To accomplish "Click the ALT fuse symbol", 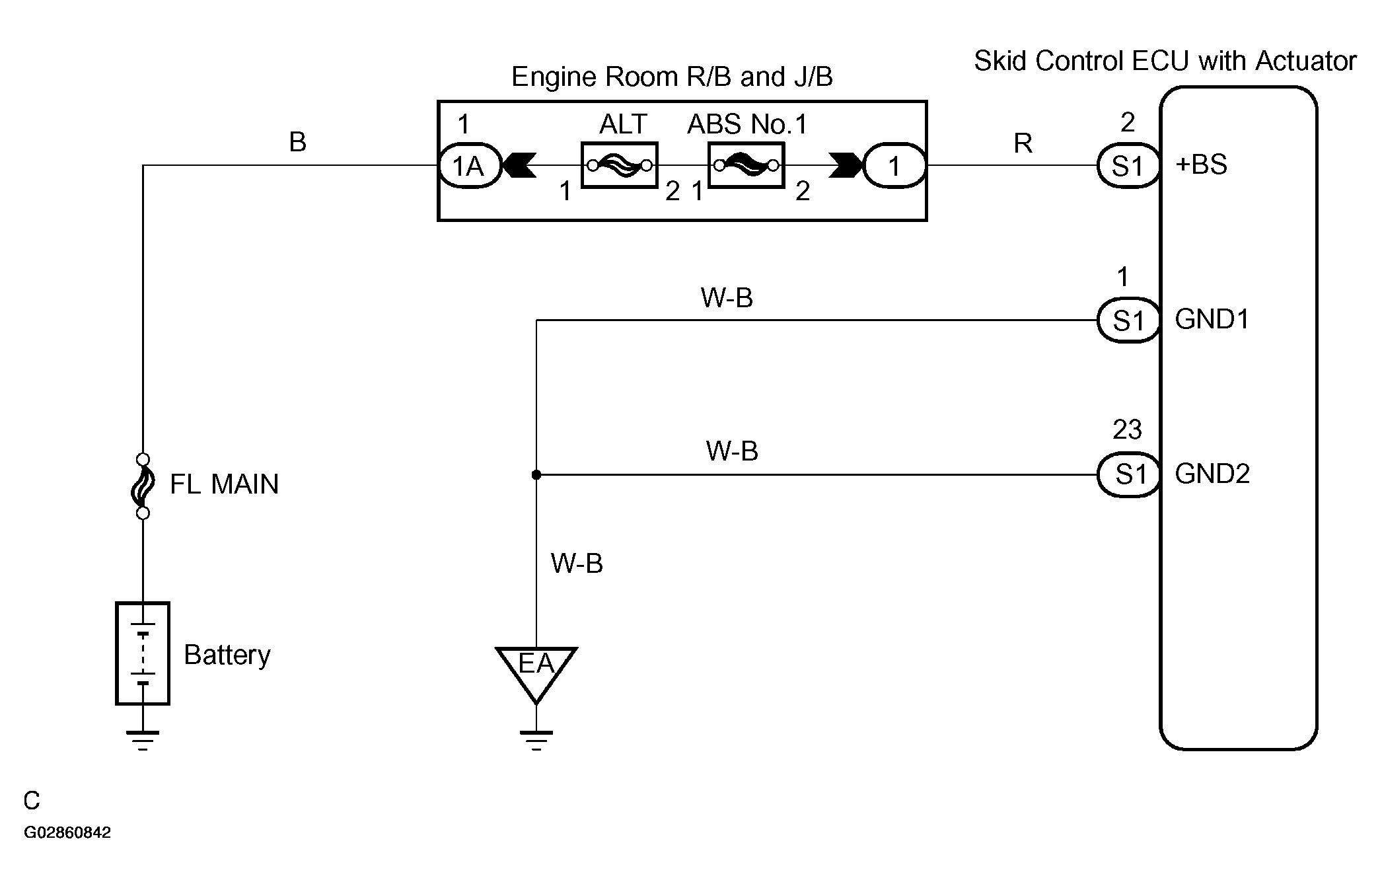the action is (x=620, y=165).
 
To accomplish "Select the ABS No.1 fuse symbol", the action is (x=746, y=165).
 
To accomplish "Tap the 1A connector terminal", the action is (x=470, y=166).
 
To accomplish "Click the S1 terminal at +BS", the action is (x=1128, y=166).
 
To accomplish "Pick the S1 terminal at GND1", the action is (x=1128, y=320).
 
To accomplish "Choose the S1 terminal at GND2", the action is (x=1128, y=474).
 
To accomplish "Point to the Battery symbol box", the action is (x=143, y=653).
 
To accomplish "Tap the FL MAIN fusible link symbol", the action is (x=143, y=486).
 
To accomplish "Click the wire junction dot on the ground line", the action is (x=536, y=474).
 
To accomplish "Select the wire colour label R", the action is (x=1023, y=143).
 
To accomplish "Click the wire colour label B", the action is (x=298, y=142).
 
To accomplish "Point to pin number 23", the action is (x=1127, y=429).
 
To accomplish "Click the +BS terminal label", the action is (x=1202, y=165).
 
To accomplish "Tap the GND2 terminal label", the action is (x=1212, y=474).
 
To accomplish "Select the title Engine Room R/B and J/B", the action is (x=672, y=77).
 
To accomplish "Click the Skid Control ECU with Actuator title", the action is (x=1165, y=61).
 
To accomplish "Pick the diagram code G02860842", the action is (x=67, y=832).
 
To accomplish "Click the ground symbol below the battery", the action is (x=143, y=741).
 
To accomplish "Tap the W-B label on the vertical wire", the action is (x=577, y=564).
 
